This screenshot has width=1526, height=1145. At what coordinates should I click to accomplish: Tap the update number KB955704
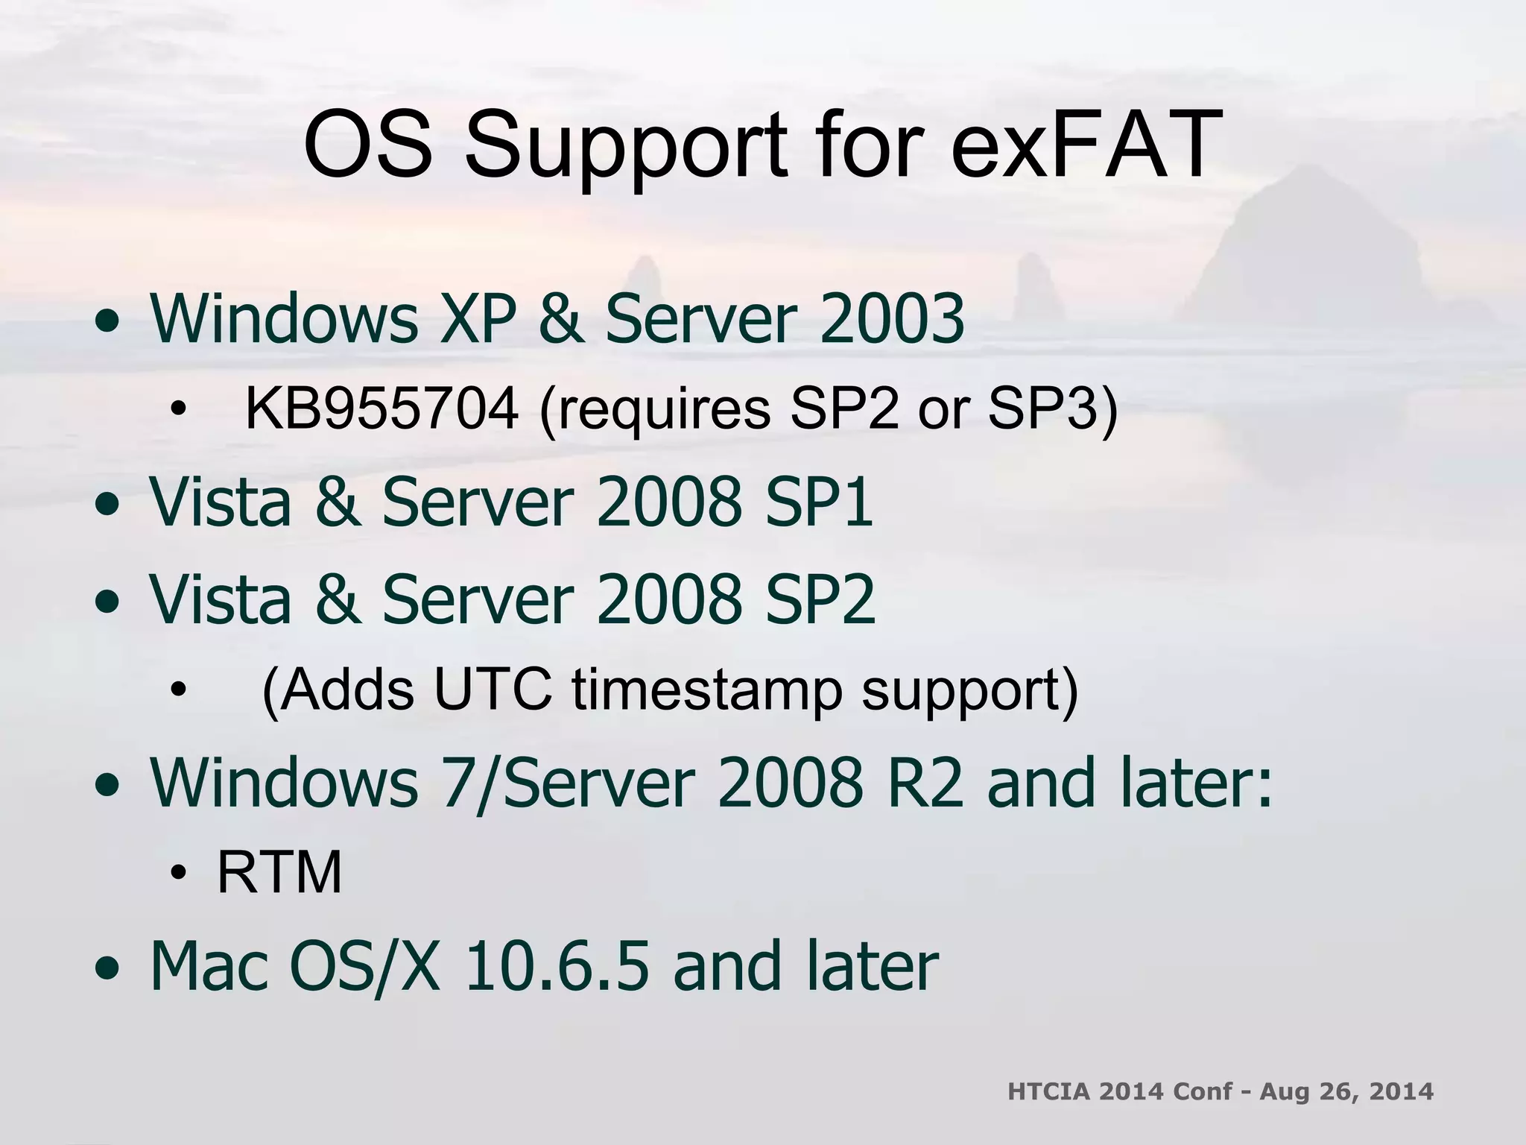(x=381, y=409)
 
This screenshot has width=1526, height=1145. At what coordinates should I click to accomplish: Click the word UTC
(x=493, y=689)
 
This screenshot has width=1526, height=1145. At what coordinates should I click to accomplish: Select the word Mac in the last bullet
(x=209, y=966)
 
